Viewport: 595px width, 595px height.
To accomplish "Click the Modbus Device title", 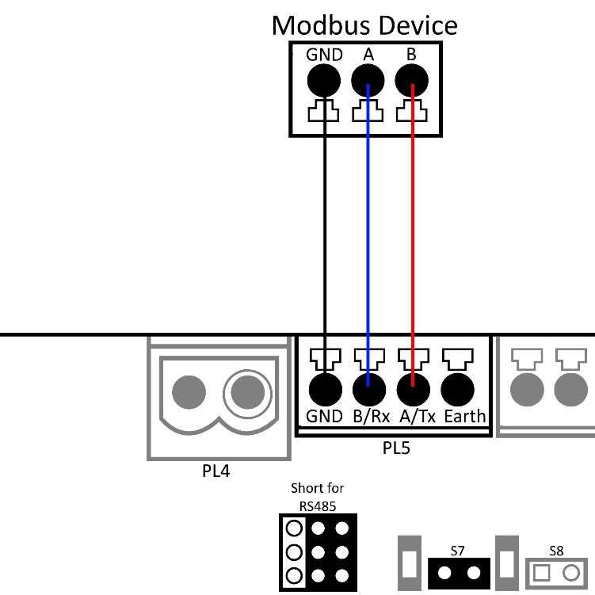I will point(364,25).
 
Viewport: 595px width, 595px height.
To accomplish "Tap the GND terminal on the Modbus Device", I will point(324,80).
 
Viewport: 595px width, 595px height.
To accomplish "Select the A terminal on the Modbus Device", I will point(368,80).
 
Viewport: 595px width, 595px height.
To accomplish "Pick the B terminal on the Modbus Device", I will point(412,80).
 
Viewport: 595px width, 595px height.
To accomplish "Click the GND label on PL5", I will point(324,417).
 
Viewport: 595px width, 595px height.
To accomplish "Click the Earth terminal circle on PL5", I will point(457,389).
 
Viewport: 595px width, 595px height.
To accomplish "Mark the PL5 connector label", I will point(396,448).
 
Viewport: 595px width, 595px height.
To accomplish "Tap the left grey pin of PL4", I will point(190,391).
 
